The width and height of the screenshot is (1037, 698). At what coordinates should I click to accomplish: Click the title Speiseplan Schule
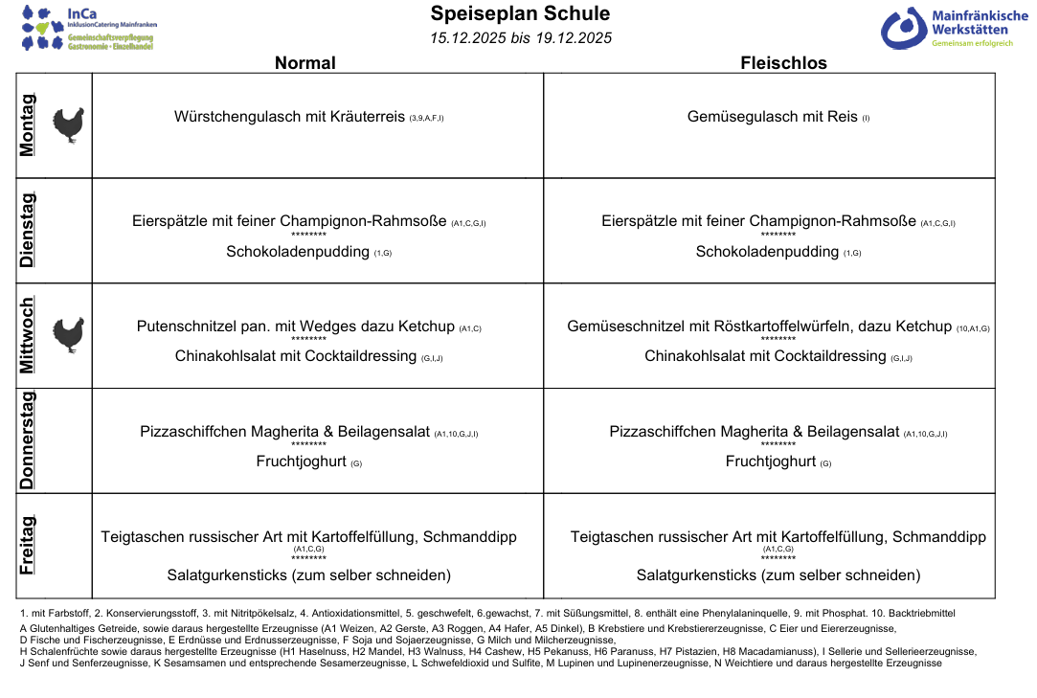click(x=520, y=13)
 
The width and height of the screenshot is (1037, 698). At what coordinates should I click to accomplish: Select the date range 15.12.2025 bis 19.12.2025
click(x=520, y=38)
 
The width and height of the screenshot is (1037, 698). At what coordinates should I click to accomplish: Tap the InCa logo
click(x=88, y=28)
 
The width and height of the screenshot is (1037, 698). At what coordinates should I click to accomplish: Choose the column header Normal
click(x=304, y=63)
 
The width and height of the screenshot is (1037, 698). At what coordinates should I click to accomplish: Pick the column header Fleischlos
click(x=783, y=63)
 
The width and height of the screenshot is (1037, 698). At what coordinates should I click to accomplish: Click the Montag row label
click(x=28, y=125)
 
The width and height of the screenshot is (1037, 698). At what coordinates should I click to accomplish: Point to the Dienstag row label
click(x=28, y=230)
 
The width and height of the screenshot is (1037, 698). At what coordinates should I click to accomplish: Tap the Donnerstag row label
click(x=28, y=440)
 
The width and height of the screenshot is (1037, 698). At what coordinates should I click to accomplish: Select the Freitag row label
click(x=28, y=545)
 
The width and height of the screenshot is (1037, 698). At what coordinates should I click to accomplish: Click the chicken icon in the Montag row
click(x=68, y=125)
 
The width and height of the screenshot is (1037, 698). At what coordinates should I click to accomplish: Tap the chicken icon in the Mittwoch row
click(x=68, y=335)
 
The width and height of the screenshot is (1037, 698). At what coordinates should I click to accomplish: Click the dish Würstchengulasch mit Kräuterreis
click(x=289, y=117)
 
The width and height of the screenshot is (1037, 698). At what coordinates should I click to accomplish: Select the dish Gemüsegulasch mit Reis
click(x=772, y=117)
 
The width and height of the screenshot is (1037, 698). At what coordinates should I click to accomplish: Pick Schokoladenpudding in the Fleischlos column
click(x=767, y=252)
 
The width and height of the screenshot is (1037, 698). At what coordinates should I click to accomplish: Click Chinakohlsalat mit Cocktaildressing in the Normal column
click(x=296, y=356)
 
